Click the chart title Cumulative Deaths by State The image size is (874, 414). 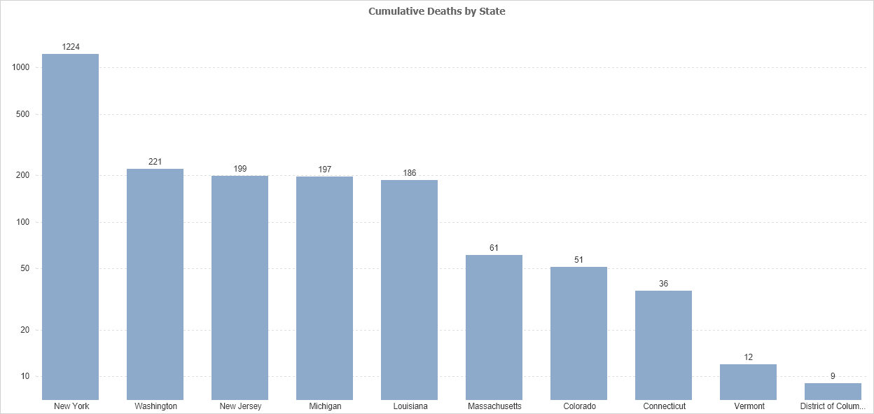coord(436,11)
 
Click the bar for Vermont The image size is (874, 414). coord(748,382)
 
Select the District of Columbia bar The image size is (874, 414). coord(833,392)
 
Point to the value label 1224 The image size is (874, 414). coord(71,47)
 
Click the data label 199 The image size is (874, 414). coord(240,168)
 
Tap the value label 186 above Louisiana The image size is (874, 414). coord(409,172)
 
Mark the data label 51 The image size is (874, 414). coord(578,260)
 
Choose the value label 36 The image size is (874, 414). coord(663,284)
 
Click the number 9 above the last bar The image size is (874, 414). coord(833,376)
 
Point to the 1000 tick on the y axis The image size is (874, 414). coord(20,67)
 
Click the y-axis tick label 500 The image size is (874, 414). coord(22,114)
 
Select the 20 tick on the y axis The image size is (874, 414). coord(25,330)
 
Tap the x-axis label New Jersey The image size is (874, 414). coord(240,406)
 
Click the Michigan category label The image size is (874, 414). coord(325,406)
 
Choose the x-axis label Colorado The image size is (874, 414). coord(579,406)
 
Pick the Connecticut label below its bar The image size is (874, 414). coord(664,406)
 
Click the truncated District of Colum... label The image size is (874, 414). coord(833,406)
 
